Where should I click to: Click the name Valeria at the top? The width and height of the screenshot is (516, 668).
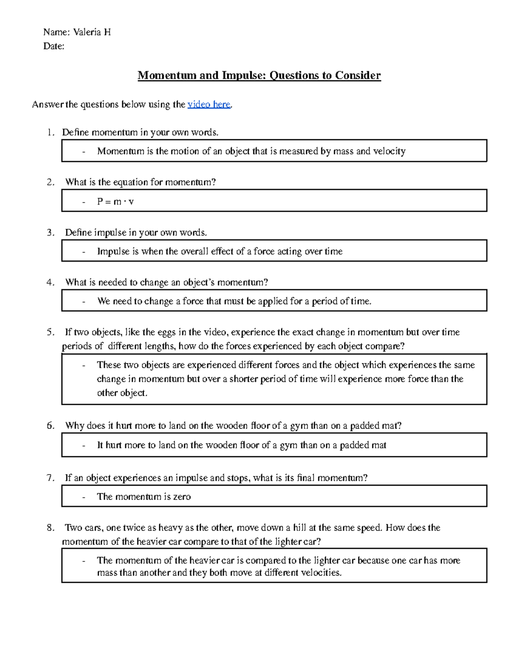(87, 32)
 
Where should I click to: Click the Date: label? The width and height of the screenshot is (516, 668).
(54, 46)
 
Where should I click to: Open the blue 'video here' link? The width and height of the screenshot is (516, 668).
(209, 105)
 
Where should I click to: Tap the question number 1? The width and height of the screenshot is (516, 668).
(50, 132)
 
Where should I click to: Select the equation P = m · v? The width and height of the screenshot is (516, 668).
(115, 202)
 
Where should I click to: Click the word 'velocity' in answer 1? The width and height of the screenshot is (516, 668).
(389, 151)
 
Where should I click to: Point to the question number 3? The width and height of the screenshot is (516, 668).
(50, 233)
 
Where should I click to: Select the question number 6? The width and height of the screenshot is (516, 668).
(50, 426)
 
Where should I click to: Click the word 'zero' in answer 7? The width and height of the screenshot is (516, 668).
(182, 497)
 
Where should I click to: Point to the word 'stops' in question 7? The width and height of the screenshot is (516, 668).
(238, 478)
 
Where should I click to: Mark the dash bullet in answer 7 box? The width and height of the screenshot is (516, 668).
(84, 497)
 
